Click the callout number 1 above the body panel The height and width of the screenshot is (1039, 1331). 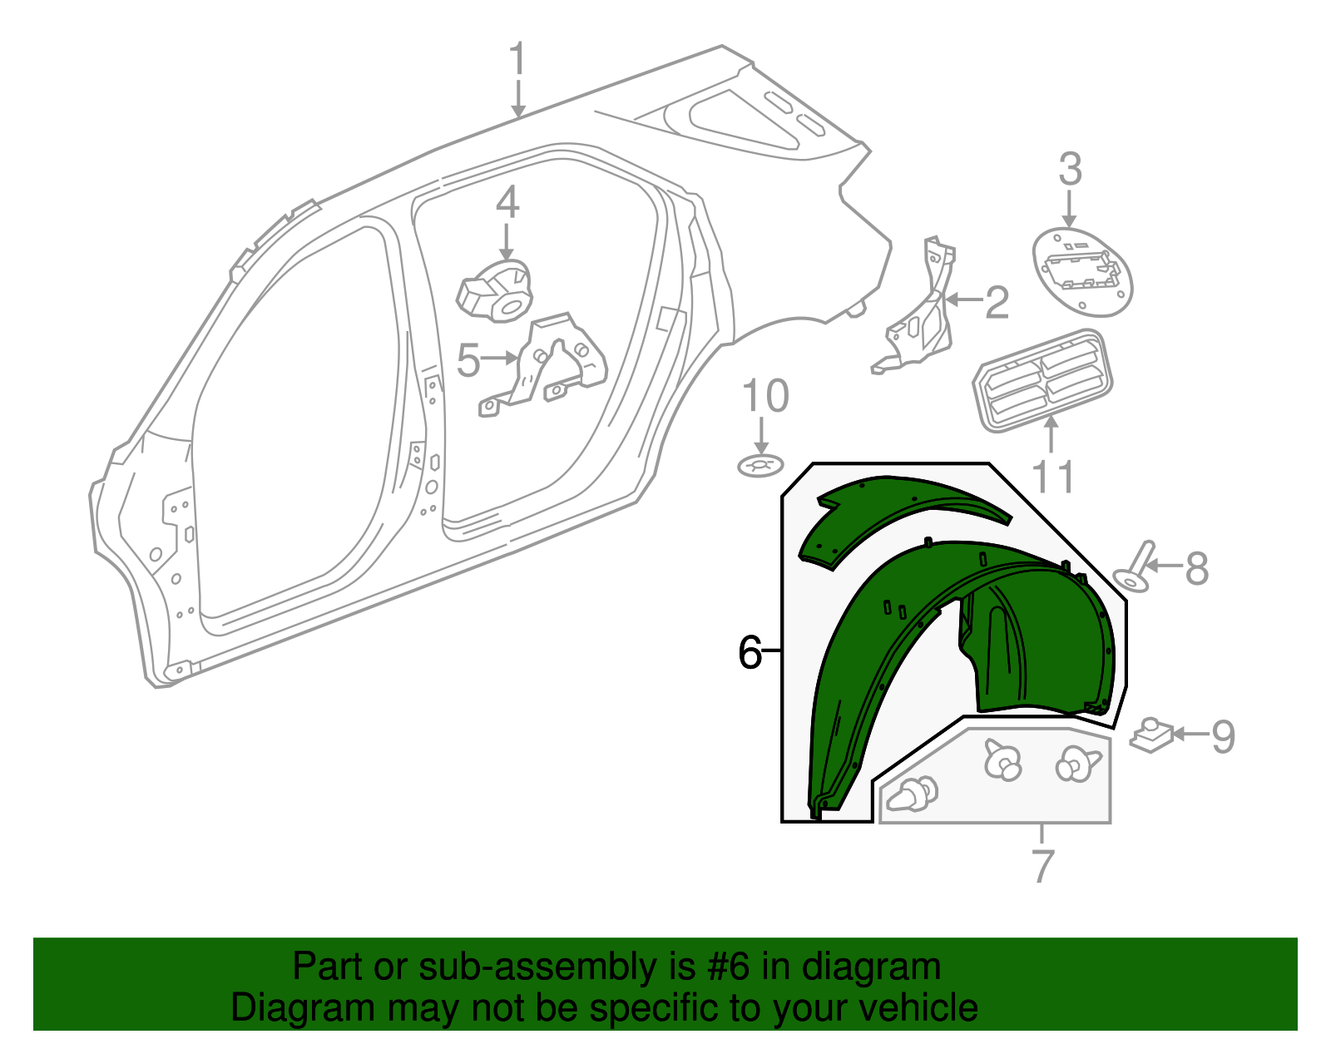pyautogui.click(x=517, y=59)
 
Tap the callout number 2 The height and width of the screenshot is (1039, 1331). pyautogui.click(x=997, y=302)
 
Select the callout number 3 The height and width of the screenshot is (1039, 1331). pyautogui.click(x=1070, y=169)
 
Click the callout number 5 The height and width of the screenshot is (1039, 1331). pyautogui.click(x=468, y=360)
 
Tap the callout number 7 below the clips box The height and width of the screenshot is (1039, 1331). pyautogui.click(x=1043, y=865)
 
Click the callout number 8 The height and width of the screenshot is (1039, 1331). pyautogui.click(x=1197, y=567)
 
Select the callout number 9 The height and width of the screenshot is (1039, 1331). pyautogui.click(x=1223, y=736)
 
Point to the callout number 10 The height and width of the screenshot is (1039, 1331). pyautogui.click(x=765, y=395)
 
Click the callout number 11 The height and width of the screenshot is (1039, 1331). pyautogui.click(x=1053, y=477)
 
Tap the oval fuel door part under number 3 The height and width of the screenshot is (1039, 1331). pyautogui.click(x=1082, y=272)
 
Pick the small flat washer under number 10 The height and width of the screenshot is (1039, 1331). pyautogui.click(x=760, y=467)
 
